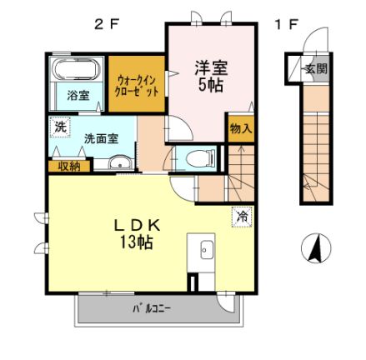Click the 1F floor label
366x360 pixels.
(x=285, y=24)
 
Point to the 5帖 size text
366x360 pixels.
(x=212, y=85)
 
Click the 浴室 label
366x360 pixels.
(x=77, y=96)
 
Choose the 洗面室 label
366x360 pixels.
(x=100, y=138)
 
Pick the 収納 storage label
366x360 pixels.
(x=69, y=166)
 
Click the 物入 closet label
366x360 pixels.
(x=240, y=129)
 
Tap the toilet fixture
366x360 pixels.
(x=197, y=157)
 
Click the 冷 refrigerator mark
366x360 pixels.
(x=239, y=214)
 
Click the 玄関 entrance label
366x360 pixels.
(x=314, y=68)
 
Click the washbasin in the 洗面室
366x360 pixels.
(x=120, y=162)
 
